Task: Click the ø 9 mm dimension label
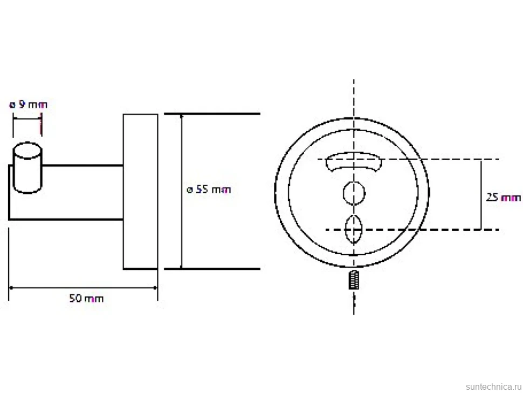coord(29,105)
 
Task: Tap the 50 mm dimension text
coord(86,298)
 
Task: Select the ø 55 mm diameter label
coord(209,189)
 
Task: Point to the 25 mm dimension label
coord(503,198)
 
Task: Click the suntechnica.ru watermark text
coord(493,387)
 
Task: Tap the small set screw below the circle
coord(354,280)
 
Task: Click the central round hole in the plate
coord(354,193)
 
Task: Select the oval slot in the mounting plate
coord(354,230)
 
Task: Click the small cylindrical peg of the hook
coord(27,167)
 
